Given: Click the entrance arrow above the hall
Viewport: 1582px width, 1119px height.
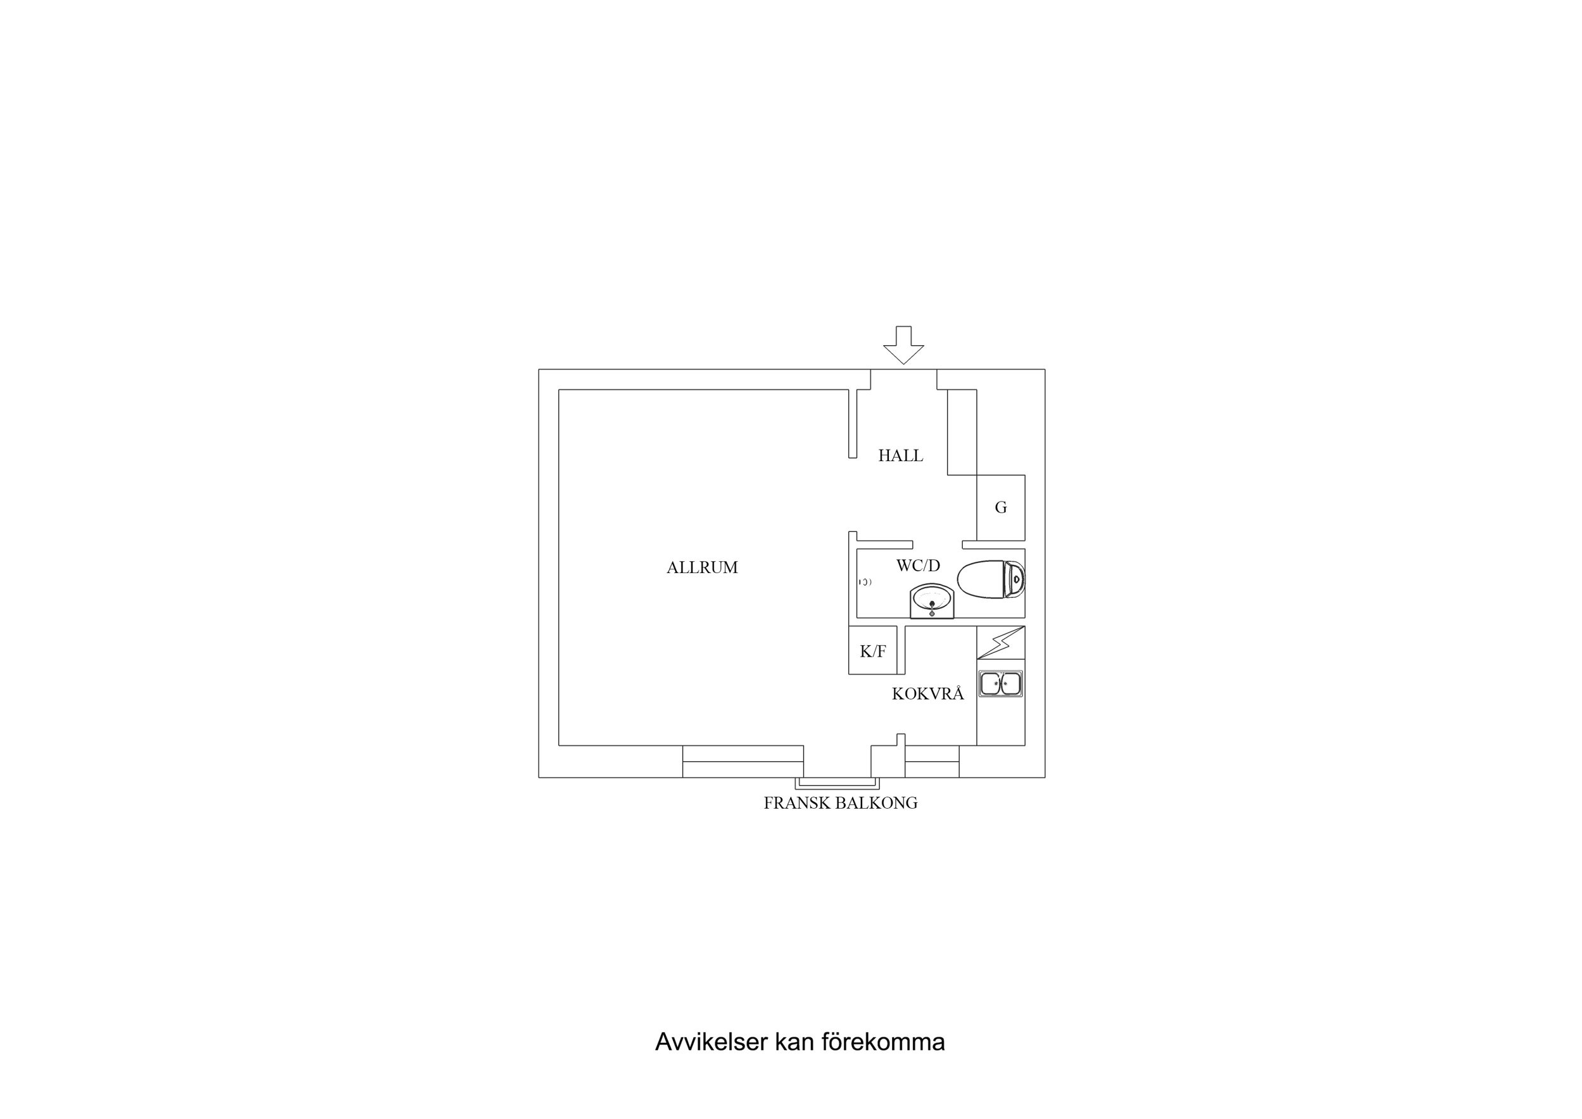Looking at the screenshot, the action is (903, 345).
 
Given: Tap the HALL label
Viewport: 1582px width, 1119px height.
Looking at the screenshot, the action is (901, 455).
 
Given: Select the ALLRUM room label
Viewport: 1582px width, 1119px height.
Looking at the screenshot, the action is (702, 567).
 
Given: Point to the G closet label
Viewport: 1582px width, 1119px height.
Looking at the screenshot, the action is (1000, 507).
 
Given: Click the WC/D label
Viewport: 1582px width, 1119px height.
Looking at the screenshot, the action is (918, 566).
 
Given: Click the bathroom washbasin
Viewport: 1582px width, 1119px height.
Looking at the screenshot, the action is (932, 602).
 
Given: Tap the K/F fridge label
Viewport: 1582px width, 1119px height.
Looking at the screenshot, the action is (872, 651).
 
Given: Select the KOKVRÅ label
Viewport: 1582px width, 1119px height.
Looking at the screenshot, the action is (927, 693).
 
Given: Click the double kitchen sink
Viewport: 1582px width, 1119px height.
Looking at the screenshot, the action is (1000, 684).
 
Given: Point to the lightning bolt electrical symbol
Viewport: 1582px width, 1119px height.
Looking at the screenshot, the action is (1001, 643).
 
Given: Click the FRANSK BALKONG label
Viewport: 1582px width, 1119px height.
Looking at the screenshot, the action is (841, 802).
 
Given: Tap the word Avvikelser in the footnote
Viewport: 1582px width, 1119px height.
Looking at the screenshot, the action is (712, 1042).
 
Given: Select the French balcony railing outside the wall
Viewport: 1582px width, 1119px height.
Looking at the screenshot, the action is (837, 783).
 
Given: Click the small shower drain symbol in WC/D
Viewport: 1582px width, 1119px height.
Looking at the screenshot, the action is (865, 583).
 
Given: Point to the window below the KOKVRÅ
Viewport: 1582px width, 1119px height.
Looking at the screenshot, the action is (932, 761).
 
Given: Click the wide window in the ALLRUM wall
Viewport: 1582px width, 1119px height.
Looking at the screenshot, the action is (743, 761).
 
